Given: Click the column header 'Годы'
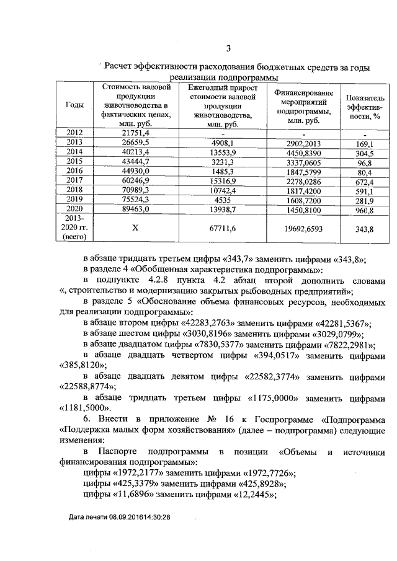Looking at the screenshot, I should pyautogui.click(x=74, y=105).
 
